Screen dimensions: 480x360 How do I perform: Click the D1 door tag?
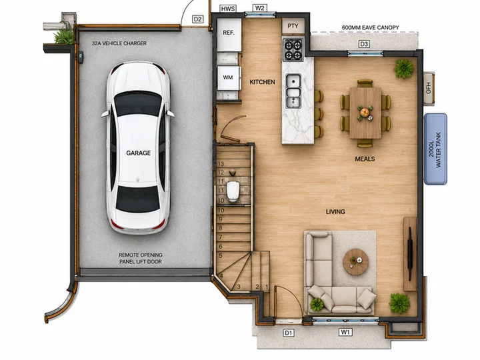pyautogui.click(x=289, y=333)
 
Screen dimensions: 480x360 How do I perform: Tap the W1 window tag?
pyautogui.click(x=345, y=332)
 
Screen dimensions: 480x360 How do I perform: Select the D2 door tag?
pyautogui.click(x=198, y=19)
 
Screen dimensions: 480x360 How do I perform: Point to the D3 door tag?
pyautogui.click(x=364, y=44)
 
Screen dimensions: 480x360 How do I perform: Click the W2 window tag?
pyautogui.click(x=259, y=8)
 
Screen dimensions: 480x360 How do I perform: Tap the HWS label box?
pyautogui.click(x=228, y=9)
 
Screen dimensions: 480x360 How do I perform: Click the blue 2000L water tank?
pyautogui.click(x=435, y=149)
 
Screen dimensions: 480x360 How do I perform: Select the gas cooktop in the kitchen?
pyautogui.click(x=293, y=50)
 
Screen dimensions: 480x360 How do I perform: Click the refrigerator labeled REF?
pyautogui.click(x=229, y=35)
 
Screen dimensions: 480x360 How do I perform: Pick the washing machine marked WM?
pyautogui.click(x=229, y=78)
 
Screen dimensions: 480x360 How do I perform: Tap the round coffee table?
pyautogui.click(x=356, y=262)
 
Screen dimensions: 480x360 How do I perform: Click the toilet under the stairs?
pyautogui.click(x=233, y=191)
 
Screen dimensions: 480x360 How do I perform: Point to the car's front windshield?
pyautogui.click(x=138, y=103)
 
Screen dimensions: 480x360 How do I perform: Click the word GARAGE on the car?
pyautogui.click(x=139, y=153)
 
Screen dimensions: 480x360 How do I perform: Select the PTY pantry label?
pyautogui.click(x=293, y=26)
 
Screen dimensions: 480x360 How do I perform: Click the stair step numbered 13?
pyautogui.click(x=221, y=164)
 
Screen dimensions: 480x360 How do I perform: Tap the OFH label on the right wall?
pyautogui.click(x=429, y=88)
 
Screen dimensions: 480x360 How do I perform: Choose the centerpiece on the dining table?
pyautogui.click(x=365, y=113)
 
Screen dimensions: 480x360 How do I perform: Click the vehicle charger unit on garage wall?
pyautogui.click(x=81, y=57)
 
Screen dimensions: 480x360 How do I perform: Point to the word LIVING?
pyautogui.click(x=335, y=211)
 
